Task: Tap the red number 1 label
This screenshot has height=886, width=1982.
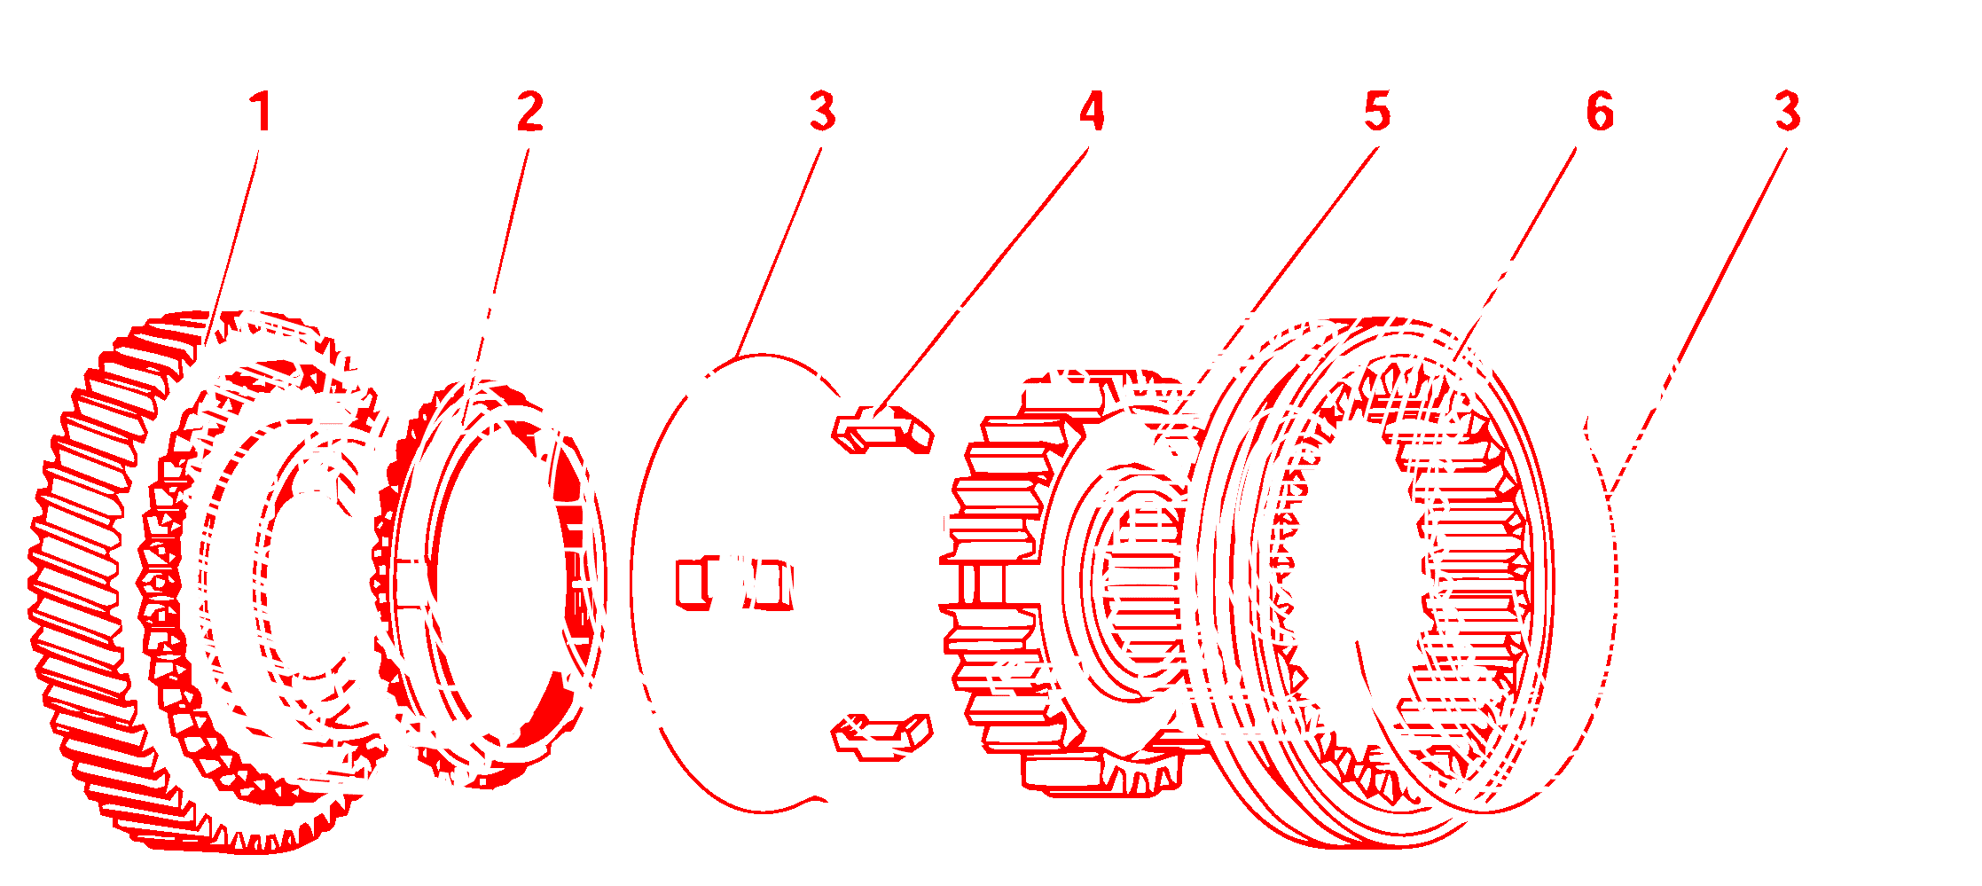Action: (x=259, y=113)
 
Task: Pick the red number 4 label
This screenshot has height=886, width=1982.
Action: (x=1092, y=113)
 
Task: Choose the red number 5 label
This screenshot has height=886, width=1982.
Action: (x=1376, y=113)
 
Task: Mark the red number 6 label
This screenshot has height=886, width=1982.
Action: (x=1600, y=113)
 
